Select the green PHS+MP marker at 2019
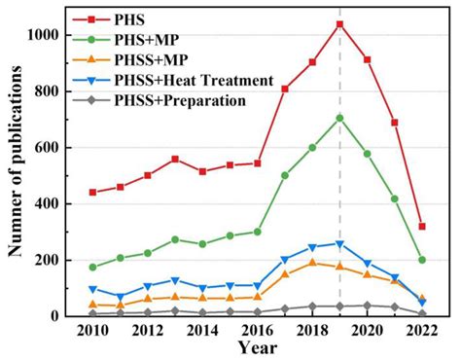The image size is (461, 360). (339, 118)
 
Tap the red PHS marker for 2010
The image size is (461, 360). (92, 193)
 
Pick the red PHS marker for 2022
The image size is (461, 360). (421, 226)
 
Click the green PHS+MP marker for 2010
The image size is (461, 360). (92, 267)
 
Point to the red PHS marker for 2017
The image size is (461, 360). (285, 89)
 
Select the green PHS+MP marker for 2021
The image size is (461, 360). (394, 198)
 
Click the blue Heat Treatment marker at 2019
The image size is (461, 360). (339, 243)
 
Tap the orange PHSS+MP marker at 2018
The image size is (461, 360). (312, 263)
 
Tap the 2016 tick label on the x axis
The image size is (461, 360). (258, 331)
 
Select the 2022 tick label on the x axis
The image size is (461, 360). (421, 331)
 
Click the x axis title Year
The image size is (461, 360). (257, 348)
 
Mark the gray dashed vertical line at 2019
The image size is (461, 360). (339, 175)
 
